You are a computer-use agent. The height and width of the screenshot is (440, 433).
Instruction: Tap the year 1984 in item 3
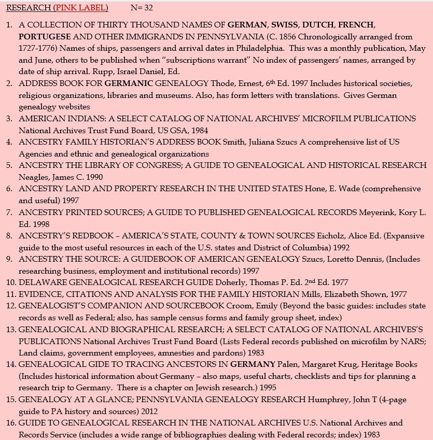pos(198,131)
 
